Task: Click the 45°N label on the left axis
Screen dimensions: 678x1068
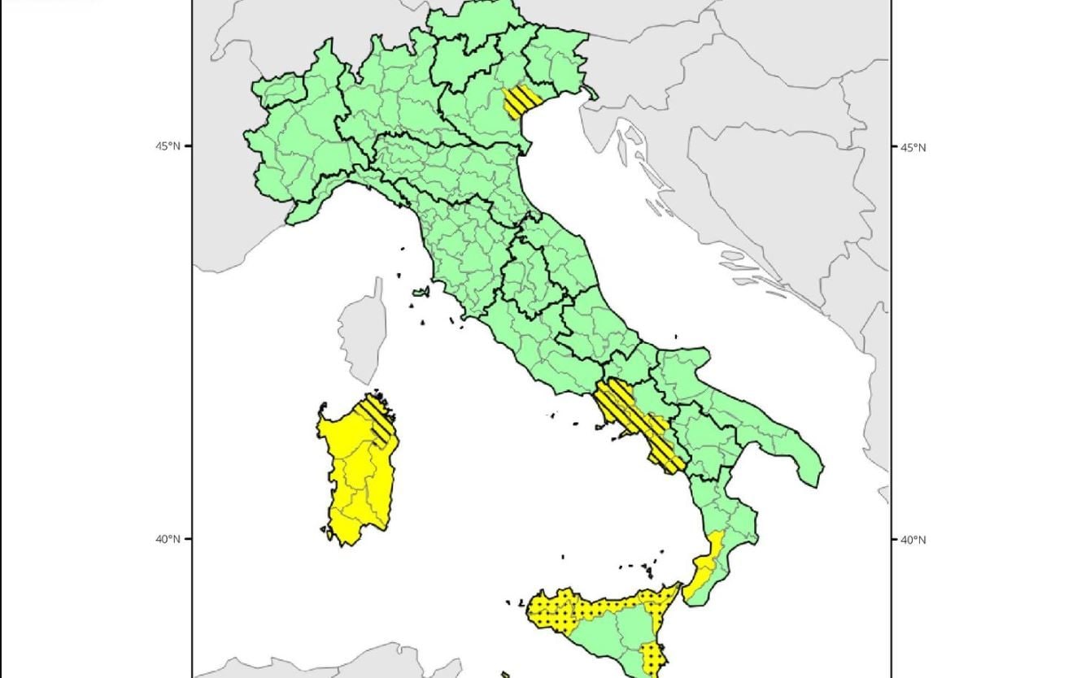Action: coord(168,146)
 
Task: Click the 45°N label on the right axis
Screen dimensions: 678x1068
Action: coord(913,147)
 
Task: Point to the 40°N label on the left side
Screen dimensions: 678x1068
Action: coord(168,539)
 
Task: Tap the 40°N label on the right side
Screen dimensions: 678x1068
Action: coord(913,540)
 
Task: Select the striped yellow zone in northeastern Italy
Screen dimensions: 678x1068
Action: coord(519,102)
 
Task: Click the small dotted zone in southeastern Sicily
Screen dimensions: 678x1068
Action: coord(652,655)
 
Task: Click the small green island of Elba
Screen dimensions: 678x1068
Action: coord(421,292)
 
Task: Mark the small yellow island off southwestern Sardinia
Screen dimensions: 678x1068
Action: coord(327,533)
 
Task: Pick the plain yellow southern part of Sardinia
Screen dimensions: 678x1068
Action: coord(358,496)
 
